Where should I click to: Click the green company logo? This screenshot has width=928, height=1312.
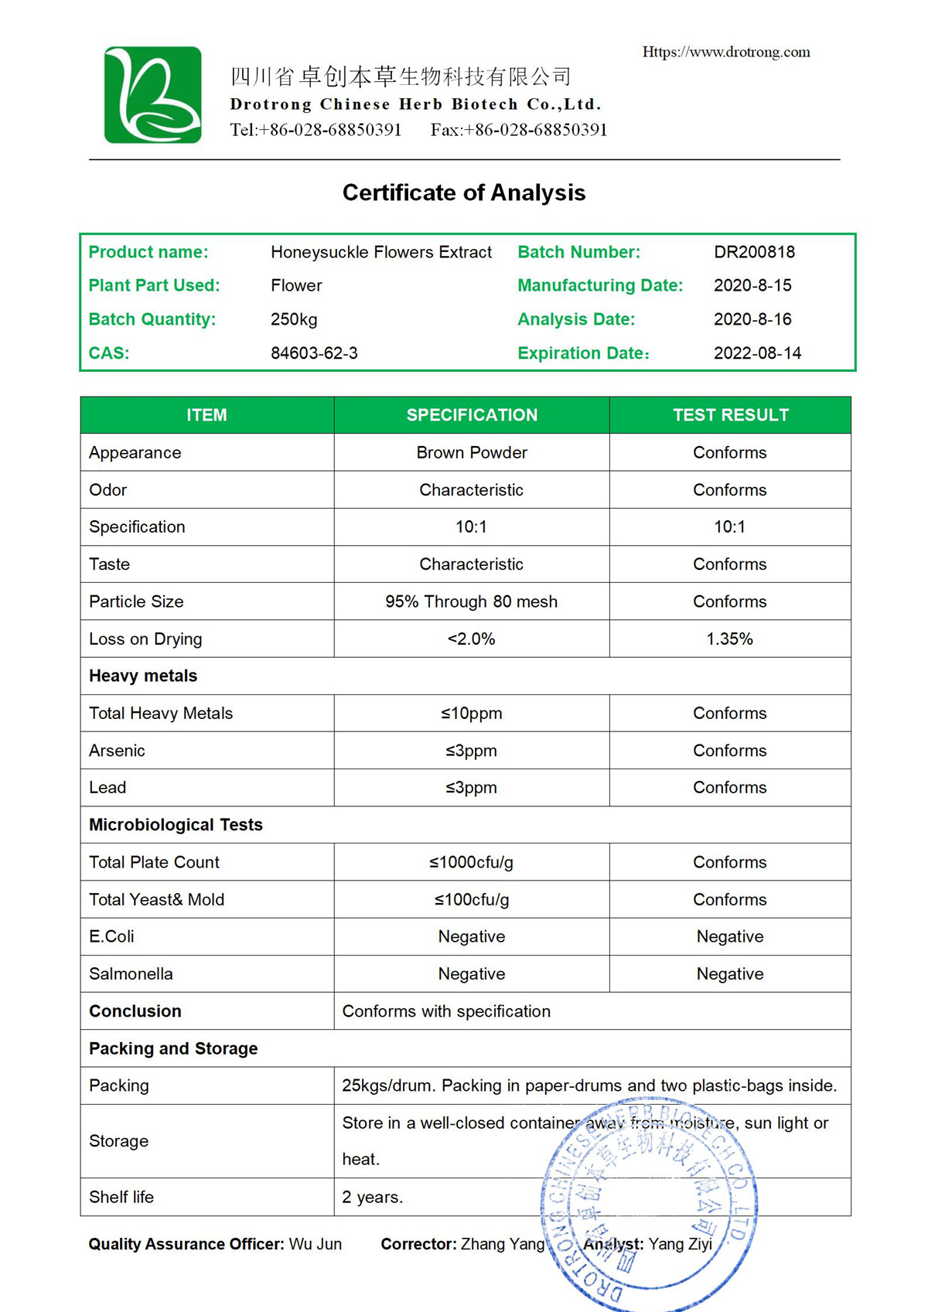pyautogui.click(x=153, y=95)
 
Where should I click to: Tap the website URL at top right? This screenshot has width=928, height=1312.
pyautogui.click(x=726, y=52)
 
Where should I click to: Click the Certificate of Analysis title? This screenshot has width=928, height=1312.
pyautogui.click(x=464, y=193)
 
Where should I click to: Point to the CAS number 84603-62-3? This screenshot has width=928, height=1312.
pyautogui.click(x=314, y=353)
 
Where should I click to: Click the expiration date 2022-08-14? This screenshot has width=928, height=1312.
pyautogui.click(x=757, y=353)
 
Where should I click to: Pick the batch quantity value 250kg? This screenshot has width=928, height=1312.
pyautogui.click(x=294, y=319)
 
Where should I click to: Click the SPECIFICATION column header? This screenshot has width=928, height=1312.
pyautogui.click(x=472, y=415)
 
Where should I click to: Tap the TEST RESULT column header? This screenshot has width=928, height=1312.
pyautogui.click(x=730, y=415)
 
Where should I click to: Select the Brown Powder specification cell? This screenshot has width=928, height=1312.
pyautogui.click(x=472, y=452)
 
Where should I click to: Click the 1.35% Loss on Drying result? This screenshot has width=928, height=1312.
pyautogui.click(x=729, y=639)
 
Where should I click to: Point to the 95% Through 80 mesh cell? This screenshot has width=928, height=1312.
pyautogui.click(x=472, y=601)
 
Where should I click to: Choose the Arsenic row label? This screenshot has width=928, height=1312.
pyautogui.click(x=117, y=751)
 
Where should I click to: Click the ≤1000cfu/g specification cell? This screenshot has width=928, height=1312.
pyautogui.click(x=472, y=862)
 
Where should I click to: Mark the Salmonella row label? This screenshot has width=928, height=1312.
pyautogui.click(x=131, y=974)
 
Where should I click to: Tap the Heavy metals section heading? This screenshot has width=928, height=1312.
pyautogui.click(x=143, y=676)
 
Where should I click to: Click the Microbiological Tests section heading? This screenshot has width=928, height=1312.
pyautogui.click(x=176, y=825)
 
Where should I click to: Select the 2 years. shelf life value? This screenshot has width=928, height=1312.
pyautogui.click(x=373, y=1197)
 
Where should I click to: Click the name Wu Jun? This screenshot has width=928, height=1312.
pyautogui.click(x=316, y=1244)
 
